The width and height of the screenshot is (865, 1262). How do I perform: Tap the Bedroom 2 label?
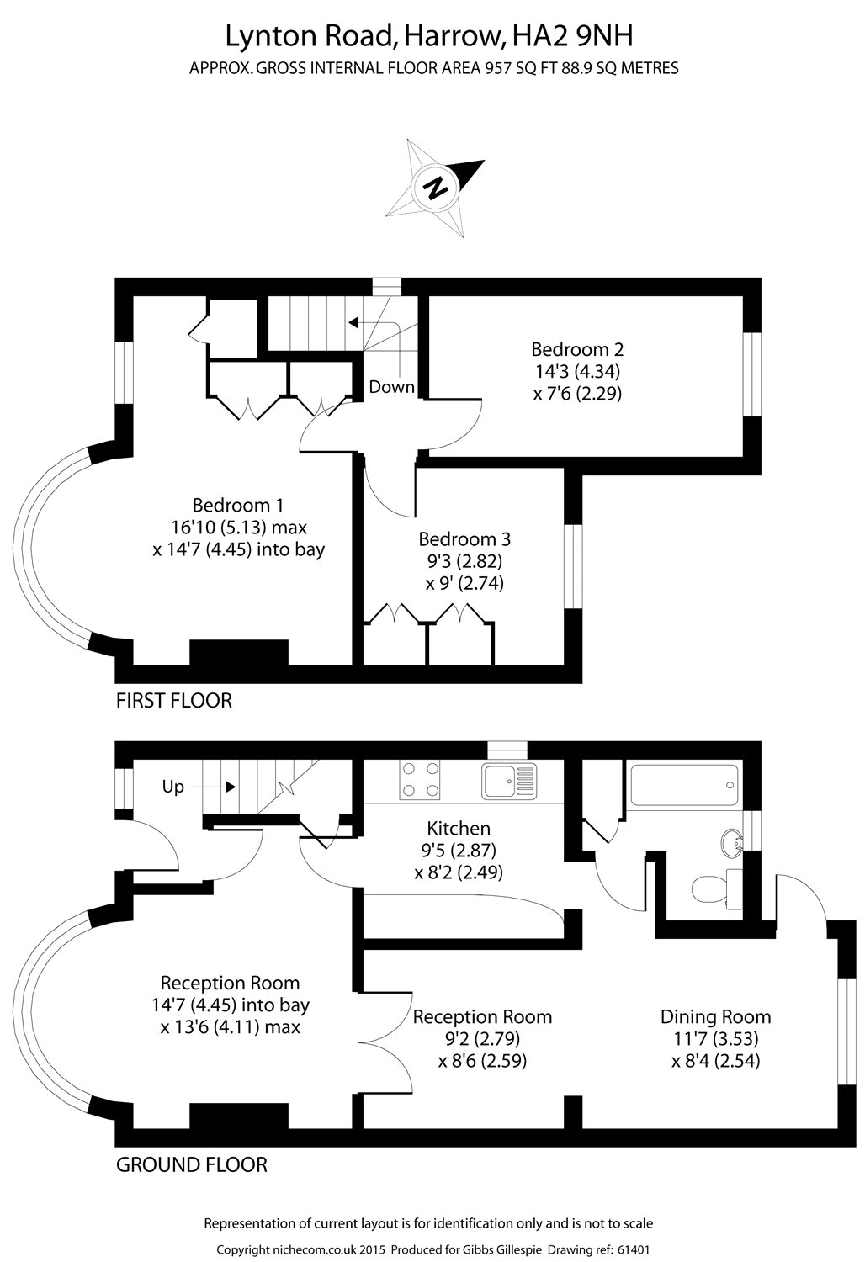(577, 349)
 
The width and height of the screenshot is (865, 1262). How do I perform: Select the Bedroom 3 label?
(464, 539)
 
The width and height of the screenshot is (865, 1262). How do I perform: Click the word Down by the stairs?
(392, 387)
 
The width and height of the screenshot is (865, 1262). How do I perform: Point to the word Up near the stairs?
(173, 787)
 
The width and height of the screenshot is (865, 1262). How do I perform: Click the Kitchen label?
(459, 829)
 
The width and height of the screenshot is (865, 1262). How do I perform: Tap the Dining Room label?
(715, 1017)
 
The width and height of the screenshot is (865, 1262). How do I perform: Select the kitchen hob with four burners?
(421, 779)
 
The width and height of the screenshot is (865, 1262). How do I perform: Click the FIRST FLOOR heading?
(173, 700)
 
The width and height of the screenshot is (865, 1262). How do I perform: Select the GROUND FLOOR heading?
(191, 1165)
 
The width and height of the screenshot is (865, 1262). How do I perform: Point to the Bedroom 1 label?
(237, 506)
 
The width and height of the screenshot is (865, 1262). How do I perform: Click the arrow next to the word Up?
(218, 787)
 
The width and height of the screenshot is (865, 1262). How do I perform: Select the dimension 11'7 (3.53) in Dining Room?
(715, 1039)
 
